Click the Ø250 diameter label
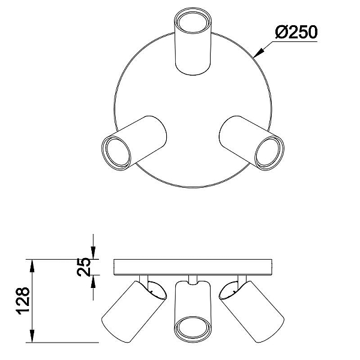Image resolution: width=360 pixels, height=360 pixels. coord(296,32)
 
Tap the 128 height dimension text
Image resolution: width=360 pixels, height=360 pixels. coord(23,301)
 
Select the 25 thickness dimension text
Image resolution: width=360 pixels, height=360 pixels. coord(84,267)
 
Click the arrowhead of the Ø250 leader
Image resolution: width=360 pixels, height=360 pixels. coord(258,53)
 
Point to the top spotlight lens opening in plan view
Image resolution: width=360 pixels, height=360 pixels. coord(193,23)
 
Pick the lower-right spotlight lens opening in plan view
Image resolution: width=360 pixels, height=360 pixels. coord(268,152)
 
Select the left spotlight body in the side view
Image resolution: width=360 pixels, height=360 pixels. coord(134,311)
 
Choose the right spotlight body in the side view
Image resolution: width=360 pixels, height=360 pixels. coord(252,311)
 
